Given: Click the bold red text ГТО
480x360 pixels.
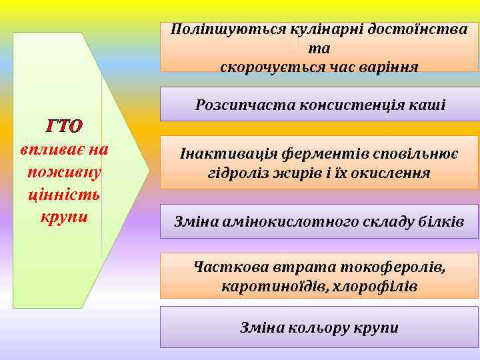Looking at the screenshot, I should pyautogui.click(x=64, y=126).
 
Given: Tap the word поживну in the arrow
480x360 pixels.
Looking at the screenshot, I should pyautogui.click(x=64, y=171).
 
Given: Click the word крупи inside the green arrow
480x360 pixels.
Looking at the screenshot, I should pyautogui.click(x=64, y=217).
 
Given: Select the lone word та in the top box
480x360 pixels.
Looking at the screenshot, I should pyautogui.click(x=319, y=49).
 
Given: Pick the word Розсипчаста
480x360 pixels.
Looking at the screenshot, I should pyautogui.click(x=245, y=105).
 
